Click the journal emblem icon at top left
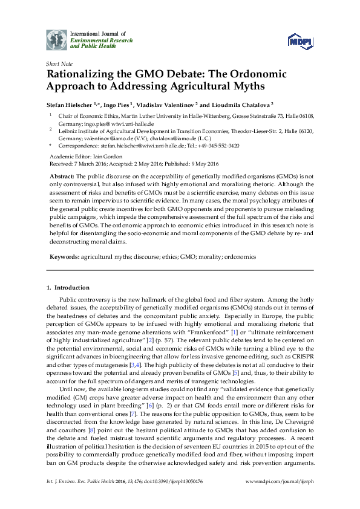pos(57,39)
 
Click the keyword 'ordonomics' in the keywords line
pos(237,256)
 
